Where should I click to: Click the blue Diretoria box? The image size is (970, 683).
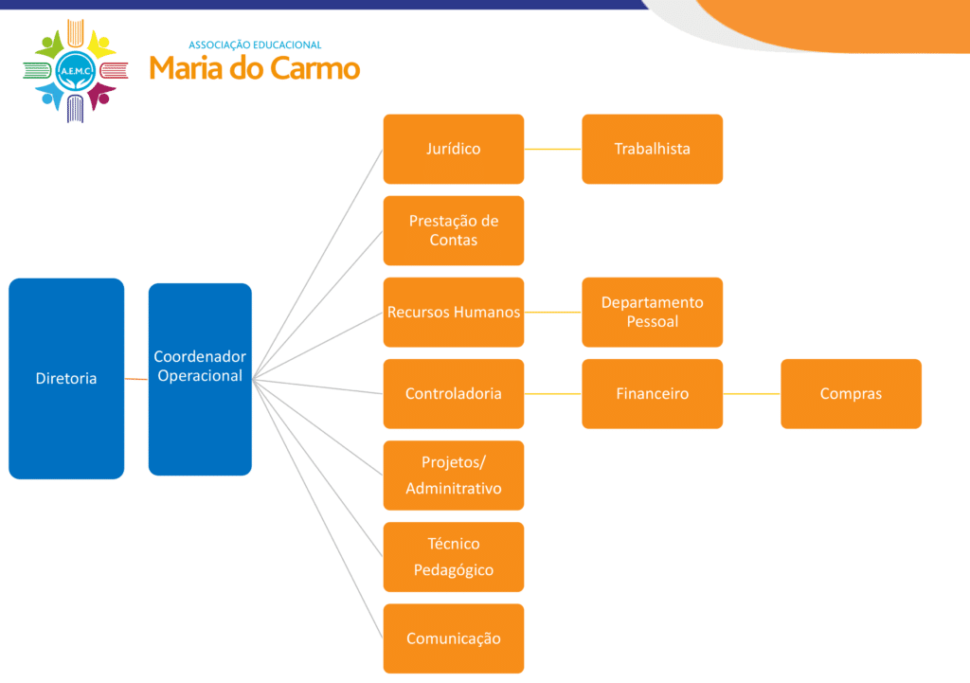[x=66, y=378]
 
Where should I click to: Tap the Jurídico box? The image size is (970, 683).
[x=453, y=149]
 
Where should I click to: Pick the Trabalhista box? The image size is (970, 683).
[x=652, y=149]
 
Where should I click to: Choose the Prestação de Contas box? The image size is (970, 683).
[x=453, y=230]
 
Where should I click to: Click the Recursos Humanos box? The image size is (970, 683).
[x=453, y=312]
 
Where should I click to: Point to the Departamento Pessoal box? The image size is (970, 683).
[x=652, y=312]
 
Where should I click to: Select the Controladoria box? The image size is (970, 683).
[x=453, y=393]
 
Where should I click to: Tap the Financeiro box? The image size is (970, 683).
[x=652, y=393]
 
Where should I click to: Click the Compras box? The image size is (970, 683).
[x=851, y=393]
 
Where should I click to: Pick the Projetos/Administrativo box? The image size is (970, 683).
[x=453, y=475]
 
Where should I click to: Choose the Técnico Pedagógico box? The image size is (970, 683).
[x=453, y=556]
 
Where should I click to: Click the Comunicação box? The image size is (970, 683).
[x=453, y=638]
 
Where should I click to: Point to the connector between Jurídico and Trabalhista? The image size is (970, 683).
[x=552, y=149]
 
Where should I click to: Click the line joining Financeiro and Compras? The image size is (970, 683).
[x=751, y=393]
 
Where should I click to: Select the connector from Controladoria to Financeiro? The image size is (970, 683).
[x=552, y=393]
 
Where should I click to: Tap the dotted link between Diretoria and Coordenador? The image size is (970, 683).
[x=136, y=379]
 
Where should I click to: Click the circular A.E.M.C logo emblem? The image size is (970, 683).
[x=75, y=70]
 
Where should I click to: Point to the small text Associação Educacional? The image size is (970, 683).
[x=255, y=45]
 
